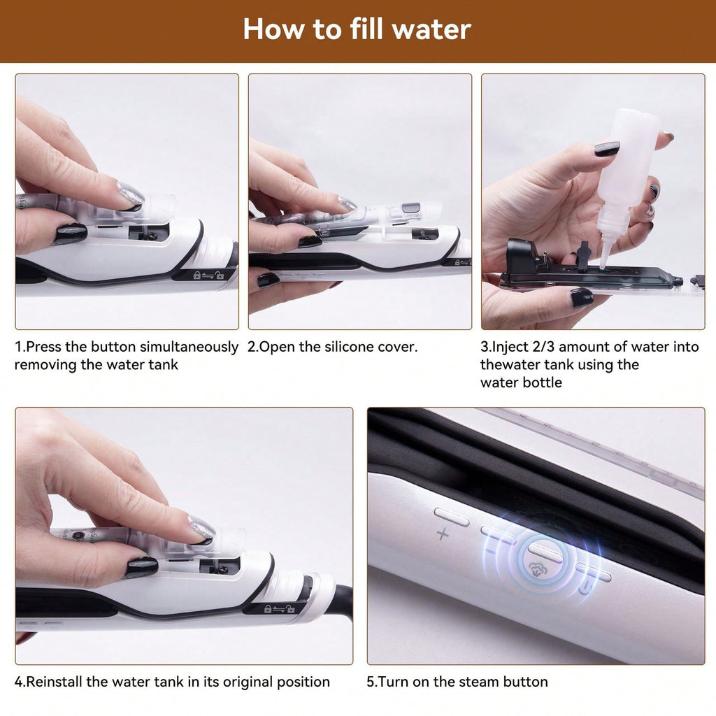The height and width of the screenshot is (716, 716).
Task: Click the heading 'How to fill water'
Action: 357,30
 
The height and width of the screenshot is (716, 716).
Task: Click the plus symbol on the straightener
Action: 443,535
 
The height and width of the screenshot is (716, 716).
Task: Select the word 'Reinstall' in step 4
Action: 55,682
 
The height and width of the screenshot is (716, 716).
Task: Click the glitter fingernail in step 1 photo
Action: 130,195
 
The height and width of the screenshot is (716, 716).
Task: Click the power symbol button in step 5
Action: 593,575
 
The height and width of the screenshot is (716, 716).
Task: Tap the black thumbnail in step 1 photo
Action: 70,234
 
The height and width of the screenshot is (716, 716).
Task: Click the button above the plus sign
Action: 452,517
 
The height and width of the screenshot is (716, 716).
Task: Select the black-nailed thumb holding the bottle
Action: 606,148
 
